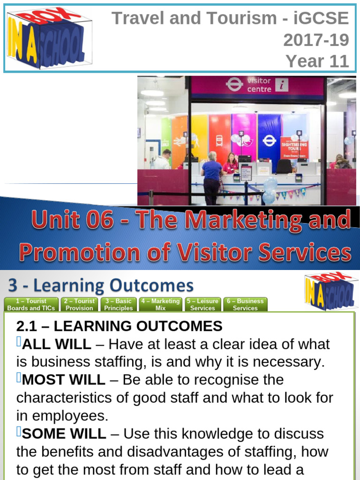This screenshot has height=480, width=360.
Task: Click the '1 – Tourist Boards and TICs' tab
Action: [31, 304]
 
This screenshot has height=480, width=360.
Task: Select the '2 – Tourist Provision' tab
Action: [79, 304]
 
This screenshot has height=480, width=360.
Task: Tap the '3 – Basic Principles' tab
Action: [118, 304]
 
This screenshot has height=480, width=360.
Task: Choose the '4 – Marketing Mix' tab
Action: [160, 304]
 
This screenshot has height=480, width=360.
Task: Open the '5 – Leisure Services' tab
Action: [202, 304]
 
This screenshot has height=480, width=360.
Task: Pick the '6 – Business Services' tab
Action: [245, 304]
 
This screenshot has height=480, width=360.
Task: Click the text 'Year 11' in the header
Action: [317, 61]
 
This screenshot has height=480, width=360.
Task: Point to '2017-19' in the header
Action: [316, 40]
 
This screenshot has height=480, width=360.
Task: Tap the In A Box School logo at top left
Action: [48, 39]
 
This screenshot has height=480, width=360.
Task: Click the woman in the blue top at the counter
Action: [212, 176]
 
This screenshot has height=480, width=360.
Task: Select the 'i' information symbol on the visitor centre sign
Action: [282, 85]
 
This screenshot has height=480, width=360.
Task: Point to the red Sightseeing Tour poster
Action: [294, 148]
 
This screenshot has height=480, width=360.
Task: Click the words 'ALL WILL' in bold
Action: [56, 344]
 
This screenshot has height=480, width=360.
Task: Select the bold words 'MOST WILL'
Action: [63, 380]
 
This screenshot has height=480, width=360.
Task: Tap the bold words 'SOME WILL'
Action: [64, 434]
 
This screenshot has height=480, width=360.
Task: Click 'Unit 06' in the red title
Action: [73, 220]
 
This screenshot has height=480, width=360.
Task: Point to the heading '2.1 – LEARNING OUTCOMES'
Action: [119, 326]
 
